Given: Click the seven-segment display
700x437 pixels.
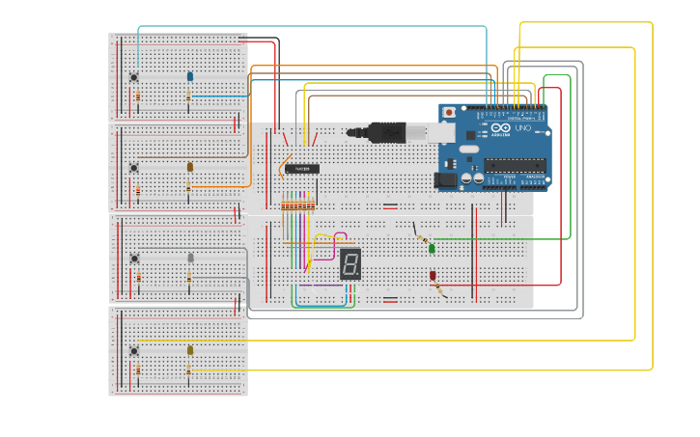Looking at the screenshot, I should click(x=350, y=263).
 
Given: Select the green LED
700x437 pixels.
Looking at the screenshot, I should click(x=432, y=249).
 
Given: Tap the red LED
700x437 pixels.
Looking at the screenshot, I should click(x=433, y=276).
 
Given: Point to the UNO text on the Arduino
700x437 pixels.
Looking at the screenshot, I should click(x=522, y=127).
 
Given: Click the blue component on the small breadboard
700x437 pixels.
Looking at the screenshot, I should click(x=189, y=76).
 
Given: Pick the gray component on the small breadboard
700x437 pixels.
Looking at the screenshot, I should click(x=190, y=258).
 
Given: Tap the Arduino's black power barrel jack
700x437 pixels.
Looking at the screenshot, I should click(x=445, y=179).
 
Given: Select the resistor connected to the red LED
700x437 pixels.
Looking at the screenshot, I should click(x=439, y=288).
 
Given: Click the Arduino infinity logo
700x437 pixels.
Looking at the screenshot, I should click(x=500, y=128).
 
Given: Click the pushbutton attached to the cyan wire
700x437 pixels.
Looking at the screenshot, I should click(x=134, y=77).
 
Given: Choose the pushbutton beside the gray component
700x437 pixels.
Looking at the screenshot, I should click(x=134, y=259).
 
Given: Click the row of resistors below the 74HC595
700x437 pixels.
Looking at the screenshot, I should click(x=297, y=204).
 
